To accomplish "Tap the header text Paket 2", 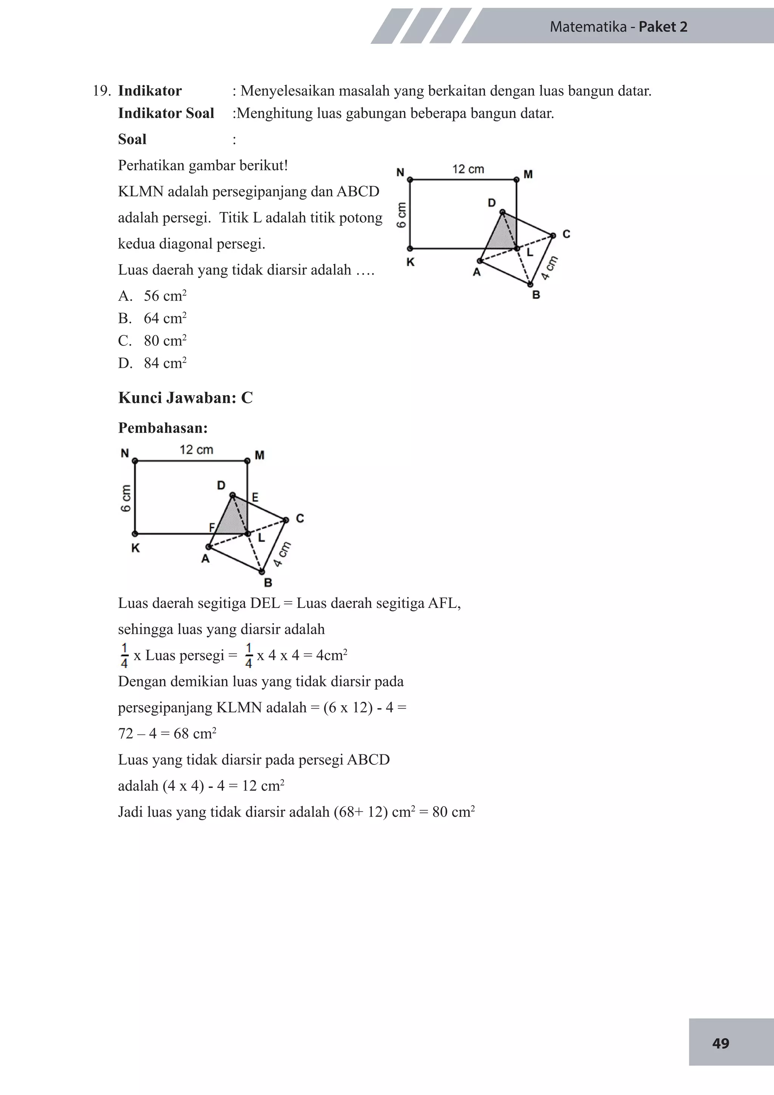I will pos(663,27).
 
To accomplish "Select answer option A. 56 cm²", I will pos(153,296).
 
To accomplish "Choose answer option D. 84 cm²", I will pos(153,363).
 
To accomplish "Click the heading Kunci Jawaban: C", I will pos(186,398).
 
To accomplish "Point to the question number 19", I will pos(102,91).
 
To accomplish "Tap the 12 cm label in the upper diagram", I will pos(467,169).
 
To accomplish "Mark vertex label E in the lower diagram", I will pos(255,498).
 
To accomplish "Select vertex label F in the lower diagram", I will pos(212,527).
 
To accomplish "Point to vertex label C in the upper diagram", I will pos(566,234).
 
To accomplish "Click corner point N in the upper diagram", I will pos(410,180).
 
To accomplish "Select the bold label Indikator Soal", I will pos(166,113).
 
